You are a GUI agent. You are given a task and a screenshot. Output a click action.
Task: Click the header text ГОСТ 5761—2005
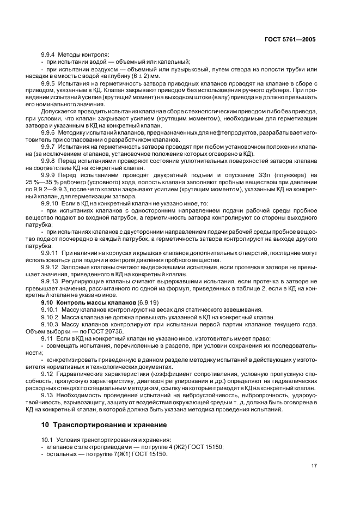289,40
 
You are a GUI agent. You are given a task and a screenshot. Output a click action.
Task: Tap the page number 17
314,466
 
